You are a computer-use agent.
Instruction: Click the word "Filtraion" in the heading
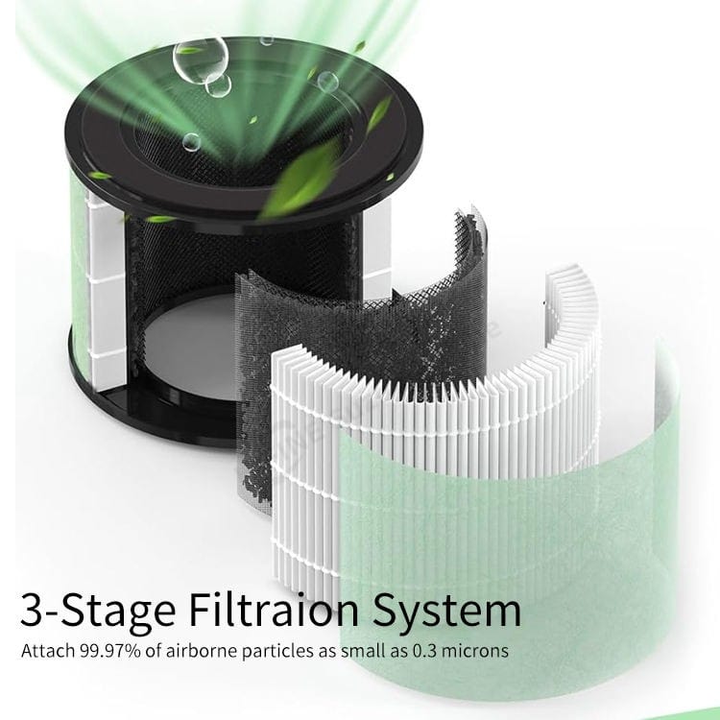pos(274,610)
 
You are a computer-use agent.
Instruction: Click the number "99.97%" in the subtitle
pos(110,651)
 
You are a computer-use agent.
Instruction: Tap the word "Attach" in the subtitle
pos(48,651)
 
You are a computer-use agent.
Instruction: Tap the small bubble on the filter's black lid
pos(191,142)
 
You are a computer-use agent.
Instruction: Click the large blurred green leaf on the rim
pos(300,182)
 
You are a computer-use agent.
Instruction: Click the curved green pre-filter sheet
pos(505,528)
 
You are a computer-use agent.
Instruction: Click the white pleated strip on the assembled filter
pos(107,294)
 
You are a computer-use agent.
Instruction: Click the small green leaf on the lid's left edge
pos(100,176)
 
